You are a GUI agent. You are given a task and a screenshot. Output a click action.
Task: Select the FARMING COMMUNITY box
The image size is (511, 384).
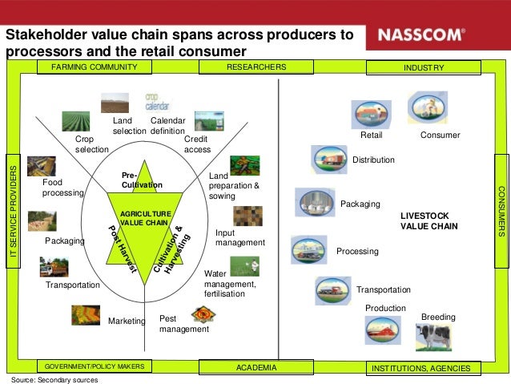pyautogui.click(x=94, y=67)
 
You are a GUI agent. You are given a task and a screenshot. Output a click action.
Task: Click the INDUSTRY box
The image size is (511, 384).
pyautogui.click(x=424, y=67)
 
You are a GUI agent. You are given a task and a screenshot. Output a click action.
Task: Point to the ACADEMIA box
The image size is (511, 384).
pyautogui.click(x=256, y=367)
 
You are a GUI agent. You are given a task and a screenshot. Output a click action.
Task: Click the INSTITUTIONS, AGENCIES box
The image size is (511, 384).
pyautogui.click(x=424, y=368)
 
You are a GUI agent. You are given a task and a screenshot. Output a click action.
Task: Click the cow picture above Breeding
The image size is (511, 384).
pyautogui.click(x=433, y=338)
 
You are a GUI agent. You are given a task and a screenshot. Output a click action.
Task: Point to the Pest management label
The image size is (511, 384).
pyautogui.click(x=183, y=323)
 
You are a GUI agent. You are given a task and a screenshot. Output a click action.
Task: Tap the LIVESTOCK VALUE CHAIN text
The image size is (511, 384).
pyautogui.click(x=429, y=221)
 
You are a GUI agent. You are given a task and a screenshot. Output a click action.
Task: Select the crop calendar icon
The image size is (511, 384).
pyautogui.click(x=157, y=102)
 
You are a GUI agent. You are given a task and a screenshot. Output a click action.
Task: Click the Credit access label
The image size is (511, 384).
pyautogui.click(x=197, y=144)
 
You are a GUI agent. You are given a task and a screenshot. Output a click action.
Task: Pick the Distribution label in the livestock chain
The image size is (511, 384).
pyautogui.click(x=373, y=160)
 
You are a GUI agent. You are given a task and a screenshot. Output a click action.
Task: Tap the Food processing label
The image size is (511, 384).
pyautogui.click(x=62, y=188)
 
